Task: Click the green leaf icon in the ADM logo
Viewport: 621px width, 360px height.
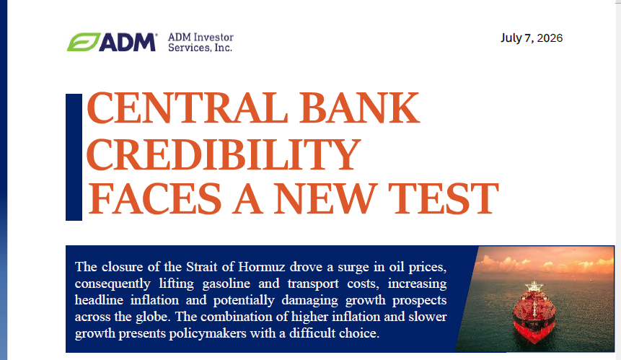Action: click(x=84, y=42)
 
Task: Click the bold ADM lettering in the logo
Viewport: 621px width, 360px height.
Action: click(x=127, y=42)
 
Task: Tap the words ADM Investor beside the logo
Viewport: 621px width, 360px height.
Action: click(x=201, y=38)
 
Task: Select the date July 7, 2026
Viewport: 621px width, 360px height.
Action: click(x=532, y=38)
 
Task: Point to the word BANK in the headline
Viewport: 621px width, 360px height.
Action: click(x=359, y=108)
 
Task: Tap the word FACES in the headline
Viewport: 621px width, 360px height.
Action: click(x=154, y=198)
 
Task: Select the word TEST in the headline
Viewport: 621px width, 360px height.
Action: click(x=443, y=198)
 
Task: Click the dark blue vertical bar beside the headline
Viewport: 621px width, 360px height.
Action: click(x=74, y=157)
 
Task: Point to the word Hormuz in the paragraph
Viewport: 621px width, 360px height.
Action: click(x=261, y=267)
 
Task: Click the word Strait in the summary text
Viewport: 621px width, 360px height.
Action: click(x=201, y=267)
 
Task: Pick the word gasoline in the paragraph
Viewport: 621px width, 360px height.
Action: click(x=226, y=284)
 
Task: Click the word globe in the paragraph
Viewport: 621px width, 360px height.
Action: click(x=154, y=317)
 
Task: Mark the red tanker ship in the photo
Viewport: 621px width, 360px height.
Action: click(x=534, y=312)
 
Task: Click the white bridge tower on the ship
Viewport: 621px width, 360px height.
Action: click(x=534, y=286)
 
